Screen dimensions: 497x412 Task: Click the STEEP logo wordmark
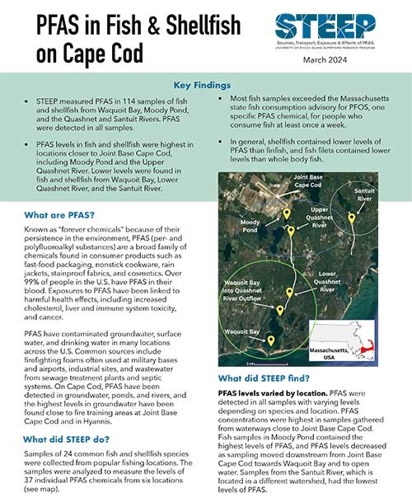[326, 24]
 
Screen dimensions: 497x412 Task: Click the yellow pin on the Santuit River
[352, 218]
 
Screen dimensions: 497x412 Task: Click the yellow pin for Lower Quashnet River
[290, 292]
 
